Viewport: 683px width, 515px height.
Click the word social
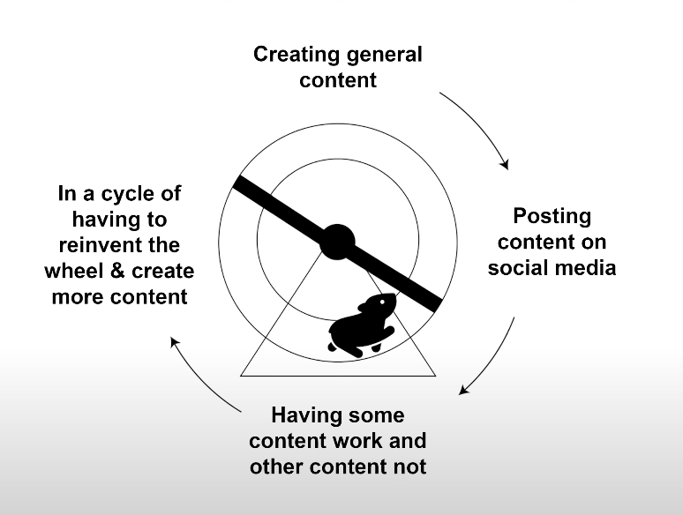pyautogui.click(x=517, y=267)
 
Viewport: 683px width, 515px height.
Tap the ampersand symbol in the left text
pyautogui.click(x=124, y=271)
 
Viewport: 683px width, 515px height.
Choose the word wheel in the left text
pyautogui.click(x=83, y=271)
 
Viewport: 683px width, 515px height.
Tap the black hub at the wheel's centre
pyautogui.click(x=337, y=241)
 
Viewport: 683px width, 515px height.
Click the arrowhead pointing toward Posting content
pyautogui.click(x=505, y=164)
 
